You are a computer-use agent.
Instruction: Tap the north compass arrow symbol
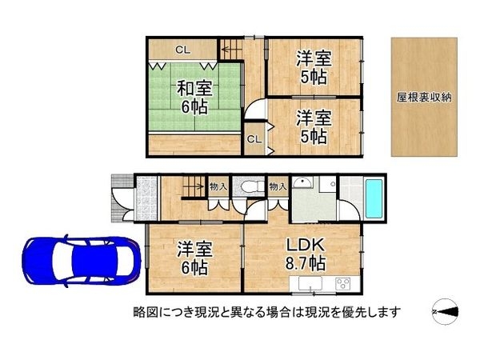tap(446, 310)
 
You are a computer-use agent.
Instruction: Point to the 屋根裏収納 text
tap(424, 98)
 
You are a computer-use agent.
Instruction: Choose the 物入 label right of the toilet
tap(278, 187)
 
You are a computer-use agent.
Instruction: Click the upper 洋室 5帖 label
tap(311, 66)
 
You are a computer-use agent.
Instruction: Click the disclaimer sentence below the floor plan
tap(268, 310)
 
